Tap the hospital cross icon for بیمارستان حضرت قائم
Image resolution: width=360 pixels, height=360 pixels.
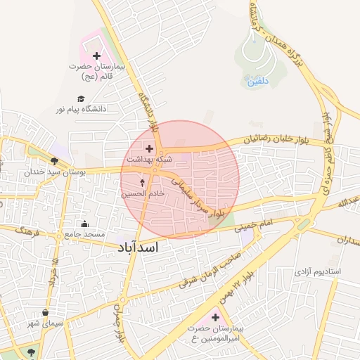pyautogui.click(x=96, y=55)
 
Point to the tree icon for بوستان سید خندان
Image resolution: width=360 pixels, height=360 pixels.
pyautogui.click(x=54, y=161)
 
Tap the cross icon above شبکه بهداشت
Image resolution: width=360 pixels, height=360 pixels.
pyautogui.click(x=149, y=148)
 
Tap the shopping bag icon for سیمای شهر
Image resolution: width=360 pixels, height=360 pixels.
pyautogui.click(x=46, y=313)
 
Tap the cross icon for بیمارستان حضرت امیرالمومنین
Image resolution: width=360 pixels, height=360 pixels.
pyautogui.click(x=216, y=318)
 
